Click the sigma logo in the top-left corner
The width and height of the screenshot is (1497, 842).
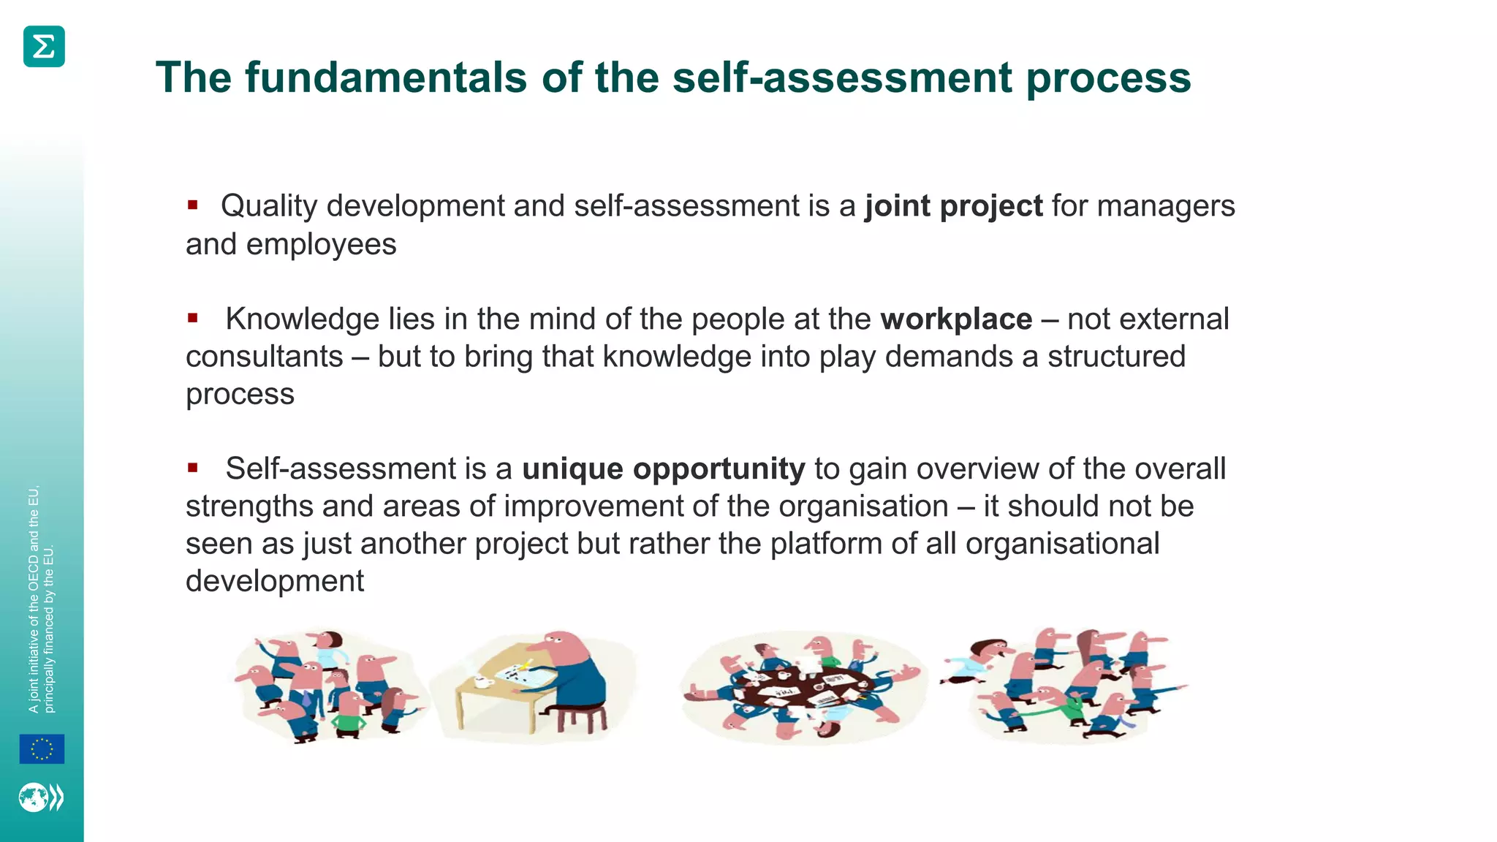[44, 47]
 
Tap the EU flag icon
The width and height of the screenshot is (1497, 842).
[42, 749]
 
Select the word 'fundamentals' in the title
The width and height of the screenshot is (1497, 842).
[385, 77]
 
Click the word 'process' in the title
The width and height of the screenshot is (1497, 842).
[1108, 78]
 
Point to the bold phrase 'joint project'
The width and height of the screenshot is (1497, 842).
[953, 206]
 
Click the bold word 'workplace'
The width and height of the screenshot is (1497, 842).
[955, 319]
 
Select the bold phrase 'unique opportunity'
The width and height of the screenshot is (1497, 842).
[663, 469]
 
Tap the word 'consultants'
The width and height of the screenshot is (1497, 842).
[264, 357]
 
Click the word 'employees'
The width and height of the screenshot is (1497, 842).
[321, 244]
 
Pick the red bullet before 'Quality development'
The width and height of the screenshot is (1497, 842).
[193, 205]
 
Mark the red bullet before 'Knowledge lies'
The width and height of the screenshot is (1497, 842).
[193, 318]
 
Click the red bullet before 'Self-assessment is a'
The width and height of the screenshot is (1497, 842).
[193, 468]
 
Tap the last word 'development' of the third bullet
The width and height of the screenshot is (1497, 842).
[274, 581]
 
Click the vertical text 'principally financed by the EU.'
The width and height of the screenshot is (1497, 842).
[49, 629]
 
